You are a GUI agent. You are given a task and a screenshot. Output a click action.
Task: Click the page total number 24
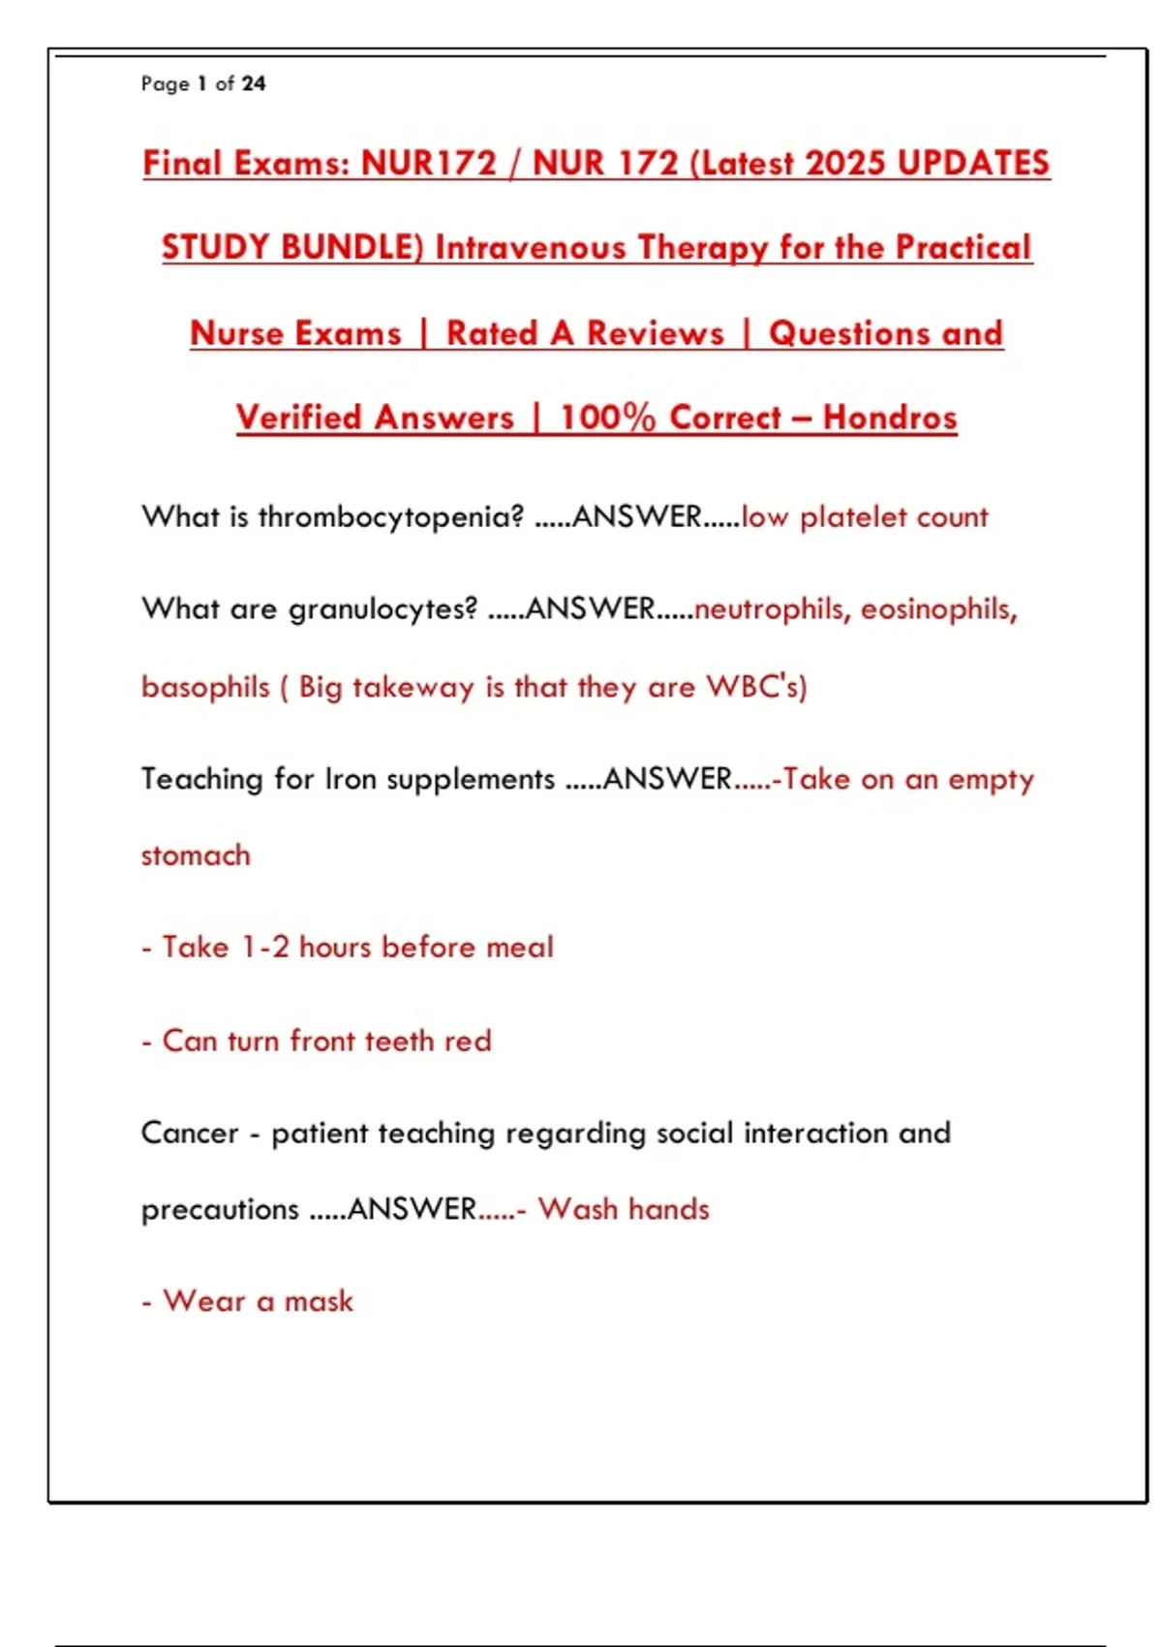click(254, 84)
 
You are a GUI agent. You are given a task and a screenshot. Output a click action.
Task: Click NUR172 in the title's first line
click(428, 163)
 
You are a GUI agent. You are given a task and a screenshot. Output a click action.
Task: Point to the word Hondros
click(890, 418)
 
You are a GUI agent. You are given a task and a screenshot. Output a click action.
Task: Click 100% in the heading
click(607, 418)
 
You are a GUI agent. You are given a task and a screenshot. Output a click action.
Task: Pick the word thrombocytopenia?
click(390, 516)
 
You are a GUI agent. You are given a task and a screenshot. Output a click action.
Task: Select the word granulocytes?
click(382, 608)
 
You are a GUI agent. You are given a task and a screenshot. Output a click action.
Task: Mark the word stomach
click(196, 855)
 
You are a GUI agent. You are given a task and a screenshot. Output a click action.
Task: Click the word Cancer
click(190, 1133)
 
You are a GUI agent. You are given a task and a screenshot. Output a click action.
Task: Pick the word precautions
click(220, 1209)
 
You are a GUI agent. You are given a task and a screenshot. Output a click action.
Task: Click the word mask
click(319, 1301)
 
